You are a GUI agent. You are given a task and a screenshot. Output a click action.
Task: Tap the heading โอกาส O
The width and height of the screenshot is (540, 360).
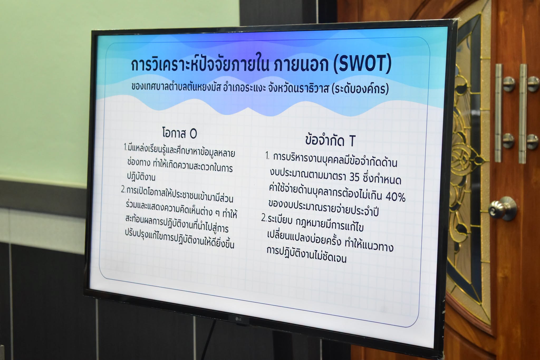click(x=179, y=133)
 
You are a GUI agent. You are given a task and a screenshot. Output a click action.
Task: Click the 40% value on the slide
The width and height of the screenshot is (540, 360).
click(x=396, y=196)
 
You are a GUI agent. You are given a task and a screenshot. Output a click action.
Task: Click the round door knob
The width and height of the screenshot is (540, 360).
click(x=502, y=208)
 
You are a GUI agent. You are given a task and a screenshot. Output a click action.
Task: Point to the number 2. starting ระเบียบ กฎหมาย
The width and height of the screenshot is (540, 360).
click(x=264, y=219)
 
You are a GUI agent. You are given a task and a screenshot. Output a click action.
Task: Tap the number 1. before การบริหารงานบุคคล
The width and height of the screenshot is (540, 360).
click(x=267, y=156)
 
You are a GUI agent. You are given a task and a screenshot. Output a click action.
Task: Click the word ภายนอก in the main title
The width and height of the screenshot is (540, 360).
click(x=298, y=64)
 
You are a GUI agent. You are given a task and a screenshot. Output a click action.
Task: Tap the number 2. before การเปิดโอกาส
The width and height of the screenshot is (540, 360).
click(x=123, y=190)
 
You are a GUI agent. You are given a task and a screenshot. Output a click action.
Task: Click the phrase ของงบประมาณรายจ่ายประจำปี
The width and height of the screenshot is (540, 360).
click(x=323, y=208)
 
